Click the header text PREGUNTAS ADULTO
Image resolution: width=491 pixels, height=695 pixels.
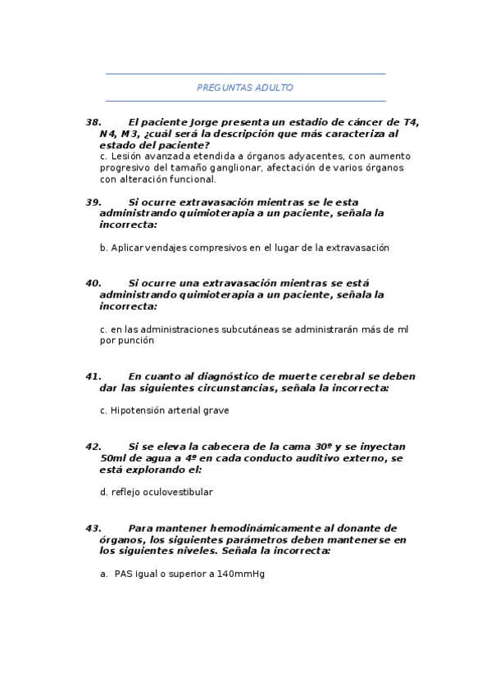pyautogui.click(x=245, y=88)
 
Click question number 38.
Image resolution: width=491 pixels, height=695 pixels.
pyautogui.click(x=93, y=122)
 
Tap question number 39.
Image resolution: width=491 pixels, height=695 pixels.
pyautogui.click(x=93, y=202)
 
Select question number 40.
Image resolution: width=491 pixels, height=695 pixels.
pyautogui.click(x=93, y=283)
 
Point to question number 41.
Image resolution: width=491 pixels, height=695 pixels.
pyautogui.click(x=93, y=376)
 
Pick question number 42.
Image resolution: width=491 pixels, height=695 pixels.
pyautogui.click(x=93, y=447)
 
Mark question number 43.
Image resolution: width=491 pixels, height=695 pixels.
pyautogui.click(x=93, y=529)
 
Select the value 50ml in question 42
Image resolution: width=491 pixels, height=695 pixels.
pyautogui.click(x=113, y=458)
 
